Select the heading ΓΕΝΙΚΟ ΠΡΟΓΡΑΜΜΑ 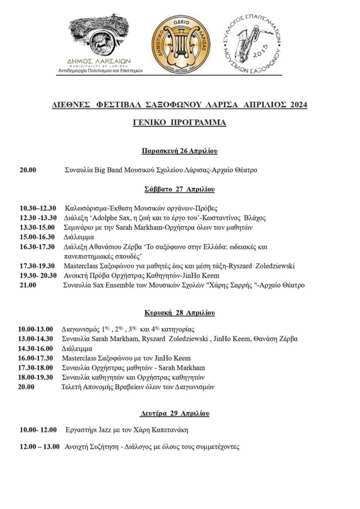tap(180, 122)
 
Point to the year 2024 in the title tap(296, 105)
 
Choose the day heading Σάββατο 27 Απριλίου tap(180, 189)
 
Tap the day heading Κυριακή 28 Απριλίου tap(180, 313)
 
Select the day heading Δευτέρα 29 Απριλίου tap(180, 414)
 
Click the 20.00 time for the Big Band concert tap(28, 170)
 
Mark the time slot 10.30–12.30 tap(38, 208)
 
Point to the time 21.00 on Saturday tap(28, 285)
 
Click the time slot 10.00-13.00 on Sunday tap(36, 329)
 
